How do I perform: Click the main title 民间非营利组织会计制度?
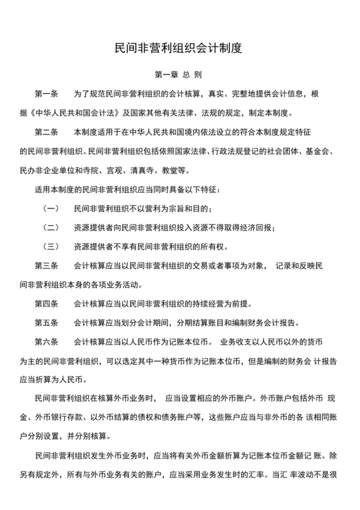pyautogui.click(x=179, y=48)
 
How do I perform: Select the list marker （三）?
pyautogui.click(x=51, y=246)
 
